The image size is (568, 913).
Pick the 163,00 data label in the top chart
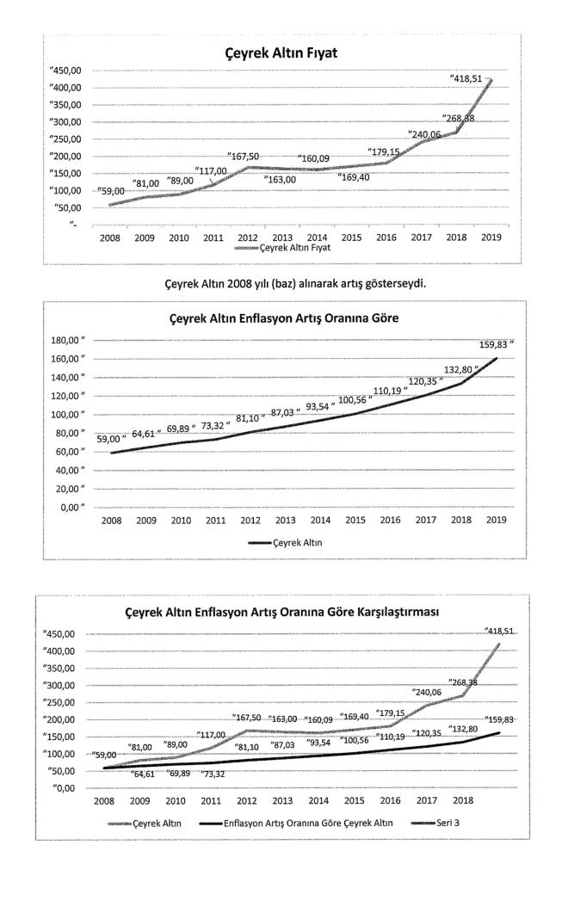tap(278, 179)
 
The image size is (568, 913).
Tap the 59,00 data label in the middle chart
tap(112, 439)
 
